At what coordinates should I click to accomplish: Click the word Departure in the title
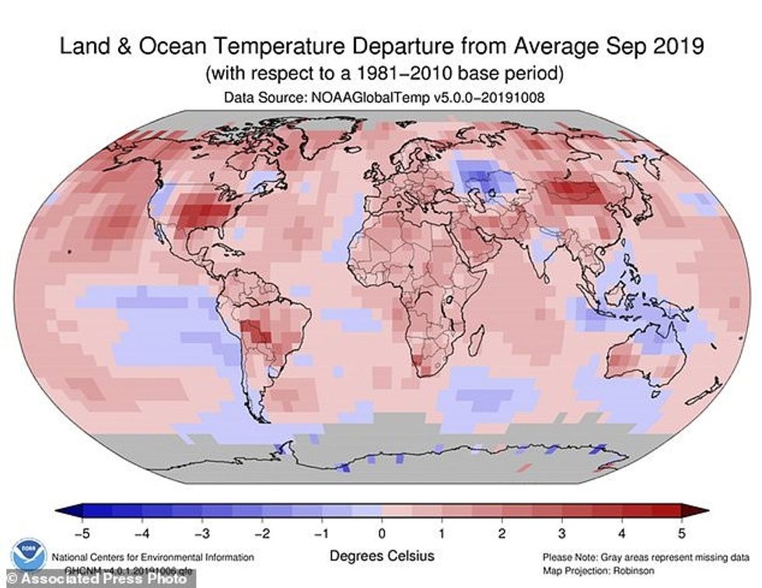click(419, 48)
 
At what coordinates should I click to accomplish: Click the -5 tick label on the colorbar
click(78, 534)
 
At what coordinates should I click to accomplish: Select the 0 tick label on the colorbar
click(381, 534)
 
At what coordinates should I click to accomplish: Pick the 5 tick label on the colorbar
click(681, 534)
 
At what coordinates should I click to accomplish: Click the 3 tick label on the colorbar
click(561, 534)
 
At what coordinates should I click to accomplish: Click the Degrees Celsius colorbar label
click(381, 556)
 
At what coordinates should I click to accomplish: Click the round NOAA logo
click(28, 554)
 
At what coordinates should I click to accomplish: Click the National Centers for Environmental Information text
click(152, 557)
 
